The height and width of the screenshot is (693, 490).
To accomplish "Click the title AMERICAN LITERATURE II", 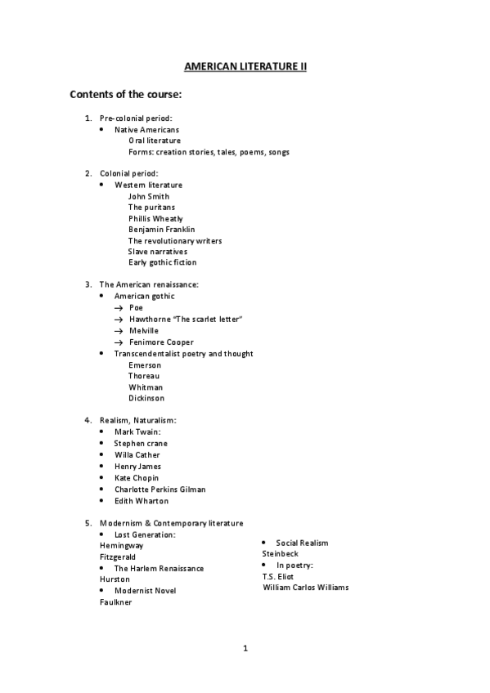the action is coord(245,65).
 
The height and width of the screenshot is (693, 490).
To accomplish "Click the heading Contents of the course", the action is coord(125,94).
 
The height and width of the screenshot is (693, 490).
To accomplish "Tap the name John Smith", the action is coord(149,196).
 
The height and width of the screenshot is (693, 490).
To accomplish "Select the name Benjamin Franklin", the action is coord(161,230).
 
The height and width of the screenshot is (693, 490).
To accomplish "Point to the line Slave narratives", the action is coord(157,252).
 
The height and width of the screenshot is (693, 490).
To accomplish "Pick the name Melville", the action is coord(144,330).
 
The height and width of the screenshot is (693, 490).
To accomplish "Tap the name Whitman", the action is coord(146,387).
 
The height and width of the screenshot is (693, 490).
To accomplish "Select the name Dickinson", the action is coord(146,398).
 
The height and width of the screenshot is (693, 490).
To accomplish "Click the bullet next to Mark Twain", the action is coord(101,431).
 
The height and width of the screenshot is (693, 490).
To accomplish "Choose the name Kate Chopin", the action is coord(137,477).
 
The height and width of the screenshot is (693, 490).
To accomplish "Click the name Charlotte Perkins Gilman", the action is coord(160,490).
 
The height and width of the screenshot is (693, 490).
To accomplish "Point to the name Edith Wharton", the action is coord(142,501).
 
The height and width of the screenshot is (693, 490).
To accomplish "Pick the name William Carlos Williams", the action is coord(306,587).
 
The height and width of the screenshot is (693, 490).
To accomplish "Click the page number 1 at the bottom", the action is coord(245,649).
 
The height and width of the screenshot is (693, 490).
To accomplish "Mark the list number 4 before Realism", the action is coord(88,420).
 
